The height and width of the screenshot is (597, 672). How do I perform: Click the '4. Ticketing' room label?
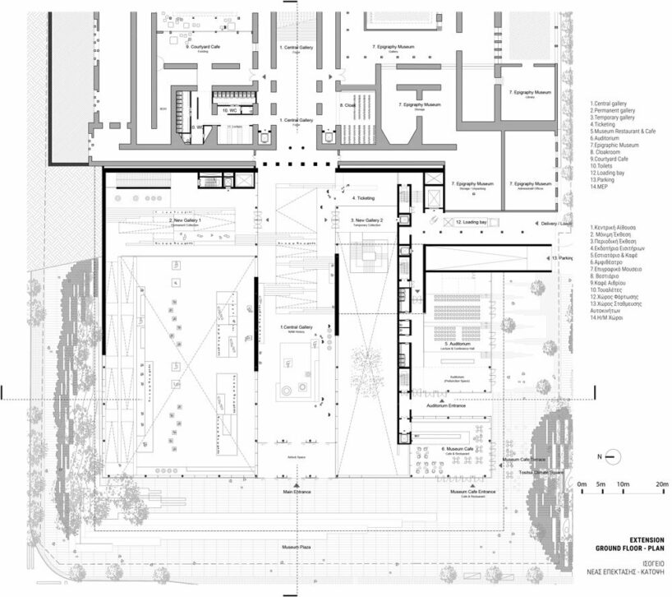(364, 198)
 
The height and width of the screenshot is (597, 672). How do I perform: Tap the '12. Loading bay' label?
(472, 223)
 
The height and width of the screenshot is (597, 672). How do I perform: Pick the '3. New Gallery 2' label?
(364, 220)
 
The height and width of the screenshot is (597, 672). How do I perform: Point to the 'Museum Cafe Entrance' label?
(472, 492)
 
